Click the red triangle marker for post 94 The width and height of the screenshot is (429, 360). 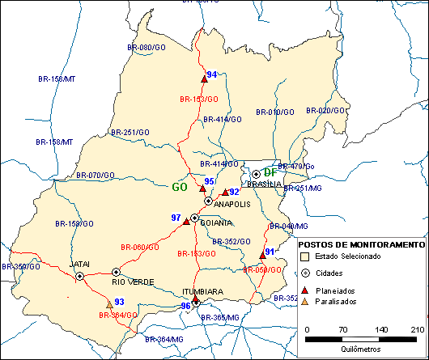click(x=204, y=79)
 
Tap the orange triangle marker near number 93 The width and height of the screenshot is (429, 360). click(x=109, y=305)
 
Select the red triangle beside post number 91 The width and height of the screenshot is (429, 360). click(x=262, y=255)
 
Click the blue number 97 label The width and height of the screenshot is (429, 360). click(x=176, y=218)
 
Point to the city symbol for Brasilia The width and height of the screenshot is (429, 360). click(x=256, y=174)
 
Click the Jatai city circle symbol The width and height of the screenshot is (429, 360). click(x=80, y=276)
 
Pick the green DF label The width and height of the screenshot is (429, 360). click(x=270, y=172)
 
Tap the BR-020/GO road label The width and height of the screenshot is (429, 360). click(x=329, y=111)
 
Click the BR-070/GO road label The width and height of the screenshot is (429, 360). click(x=96, y=175)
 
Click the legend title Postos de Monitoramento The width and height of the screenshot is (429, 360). click(x=361, y=244)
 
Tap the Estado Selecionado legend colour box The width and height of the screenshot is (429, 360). click(x=305, y=256)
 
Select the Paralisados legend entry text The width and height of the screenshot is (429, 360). click(x=338, y=302)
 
